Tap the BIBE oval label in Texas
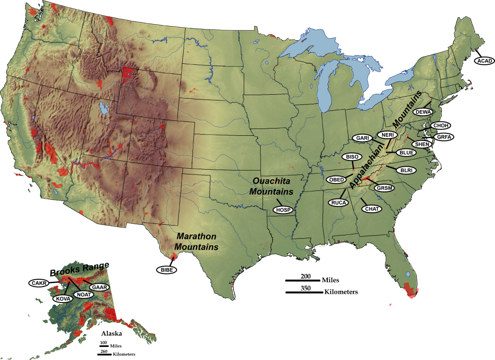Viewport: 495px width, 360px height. (x=166, y=269)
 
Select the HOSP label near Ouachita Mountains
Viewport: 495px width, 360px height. (x=283, y=210)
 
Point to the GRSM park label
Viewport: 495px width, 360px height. (x=385, y=187)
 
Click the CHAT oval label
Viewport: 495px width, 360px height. (x=372, y=209)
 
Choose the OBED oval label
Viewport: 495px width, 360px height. (x=337, y=180)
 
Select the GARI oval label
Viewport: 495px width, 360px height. (x=363, y=138)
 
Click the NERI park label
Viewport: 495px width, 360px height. (x=387, y=135)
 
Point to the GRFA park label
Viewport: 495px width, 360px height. (x=443, y=137)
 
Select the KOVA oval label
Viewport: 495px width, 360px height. (x=63, y=299)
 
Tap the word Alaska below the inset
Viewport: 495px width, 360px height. (x=111, y=333)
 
